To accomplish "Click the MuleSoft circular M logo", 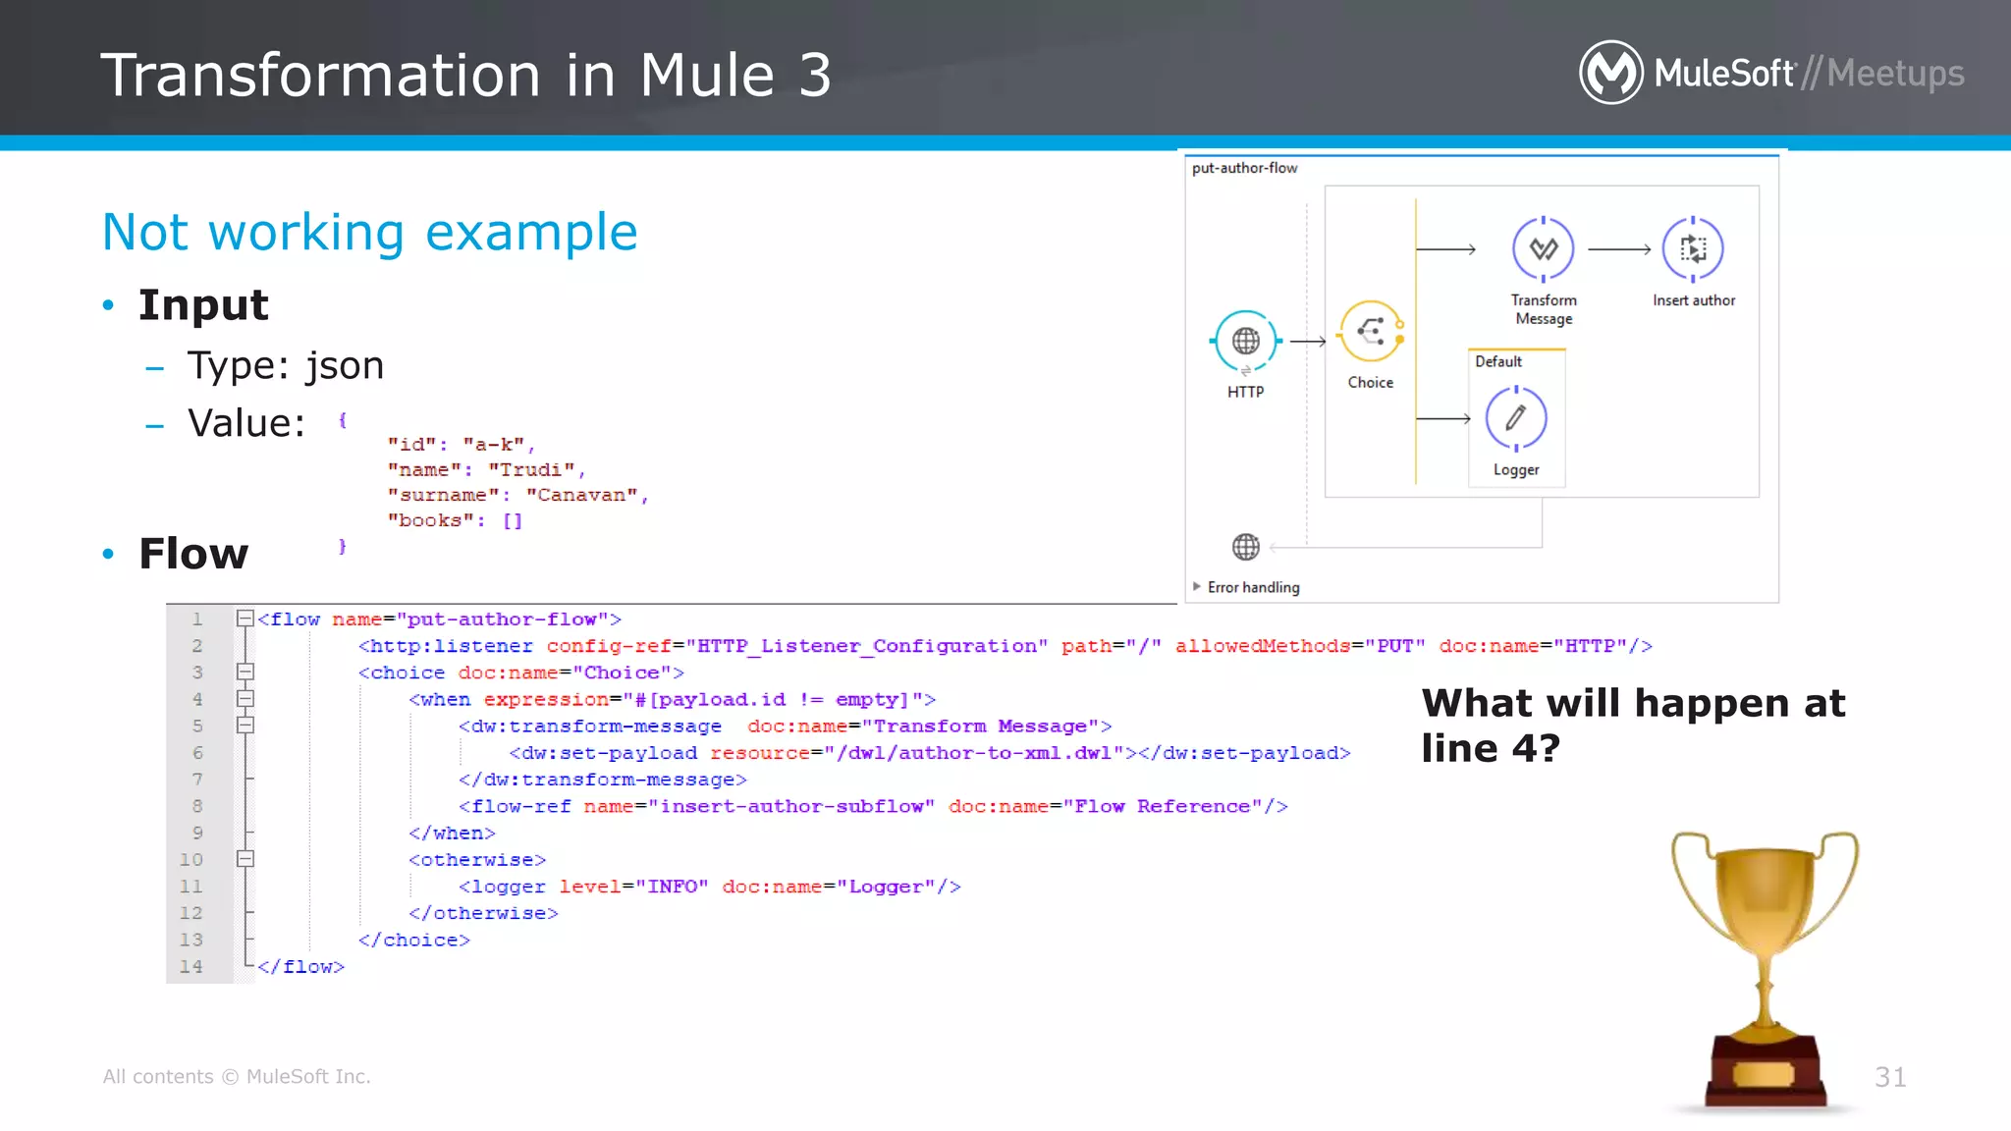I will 1610,73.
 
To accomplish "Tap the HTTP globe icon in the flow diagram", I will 1245,341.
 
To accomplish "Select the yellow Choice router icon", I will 1370,332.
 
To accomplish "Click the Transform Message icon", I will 1543,249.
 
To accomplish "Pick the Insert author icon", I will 1693,249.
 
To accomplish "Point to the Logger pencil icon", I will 1516,418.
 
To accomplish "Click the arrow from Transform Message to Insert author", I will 1619,249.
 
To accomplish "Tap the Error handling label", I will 1253,587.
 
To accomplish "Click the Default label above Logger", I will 1498,361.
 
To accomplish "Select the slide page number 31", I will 1890,1077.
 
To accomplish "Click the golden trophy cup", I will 1765,942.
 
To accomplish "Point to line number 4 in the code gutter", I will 197,699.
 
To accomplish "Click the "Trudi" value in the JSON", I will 531,470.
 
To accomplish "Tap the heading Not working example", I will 370,233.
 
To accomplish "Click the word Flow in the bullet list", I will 193,554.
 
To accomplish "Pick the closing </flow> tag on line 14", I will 301,967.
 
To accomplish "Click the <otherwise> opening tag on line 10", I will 477,860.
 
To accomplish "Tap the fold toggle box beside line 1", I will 245,619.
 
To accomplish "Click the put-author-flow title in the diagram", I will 1244,168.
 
